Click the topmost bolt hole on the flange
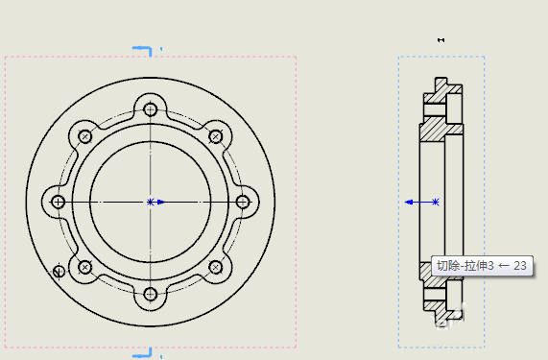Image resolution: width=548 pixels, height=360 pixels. [x=150, y=108]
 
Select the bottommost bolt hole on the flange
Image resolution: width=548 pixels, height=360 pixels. [x=150, y=294]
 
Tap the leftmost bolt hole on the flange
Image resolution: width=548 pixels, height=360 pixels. [x=58, y=202]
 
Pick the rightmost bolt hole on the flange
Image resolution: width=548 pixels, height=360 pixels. [x=242, y=202]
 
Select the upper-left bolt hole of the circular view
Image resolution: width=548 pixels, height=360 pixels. [x=84, y=135]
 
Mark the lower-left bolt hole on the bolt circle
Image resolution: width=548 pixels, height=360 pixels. [x=84, y=267]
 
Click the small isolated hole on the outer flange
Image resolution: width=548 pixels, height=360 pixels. [x=60, y=272]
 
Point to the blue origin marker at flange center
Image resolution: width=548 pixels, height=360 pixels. [x=151, y=202]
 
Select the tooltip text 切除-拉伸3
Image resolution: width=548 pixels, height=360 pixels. [x=465, y=266]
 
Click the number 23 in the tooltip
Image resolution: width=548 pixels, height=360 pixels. [x=520, y=266]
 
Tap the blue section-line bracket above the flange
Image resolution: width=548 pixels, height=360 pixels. [x=143, y=47]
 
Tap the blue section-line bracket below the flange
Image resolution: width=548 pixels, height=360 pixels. [x=143, y=354]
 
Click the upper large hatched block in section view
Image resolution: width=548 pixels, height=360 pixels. [x=442, y=128]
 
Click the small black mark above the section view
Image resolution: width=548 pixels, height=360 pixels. [x=441, y=39]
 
